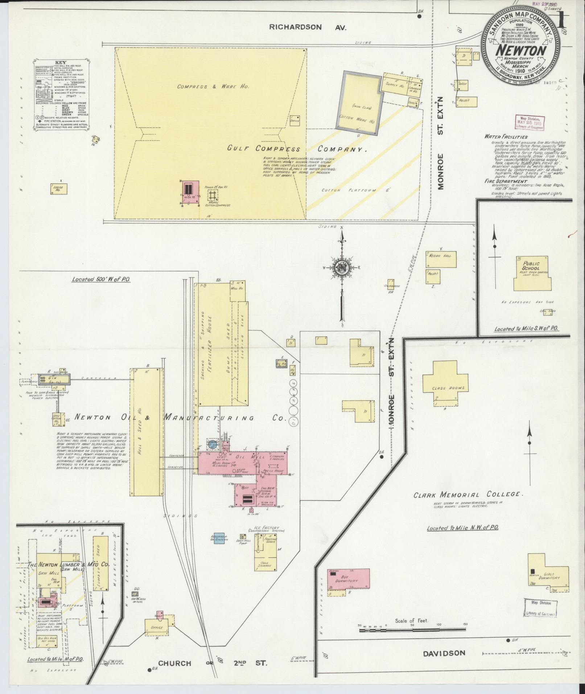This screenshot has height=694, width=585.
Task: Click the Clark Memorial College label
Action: (x=467, y=494)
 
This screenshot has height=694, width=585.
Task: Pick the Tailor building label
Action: (x=463, y=83)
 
